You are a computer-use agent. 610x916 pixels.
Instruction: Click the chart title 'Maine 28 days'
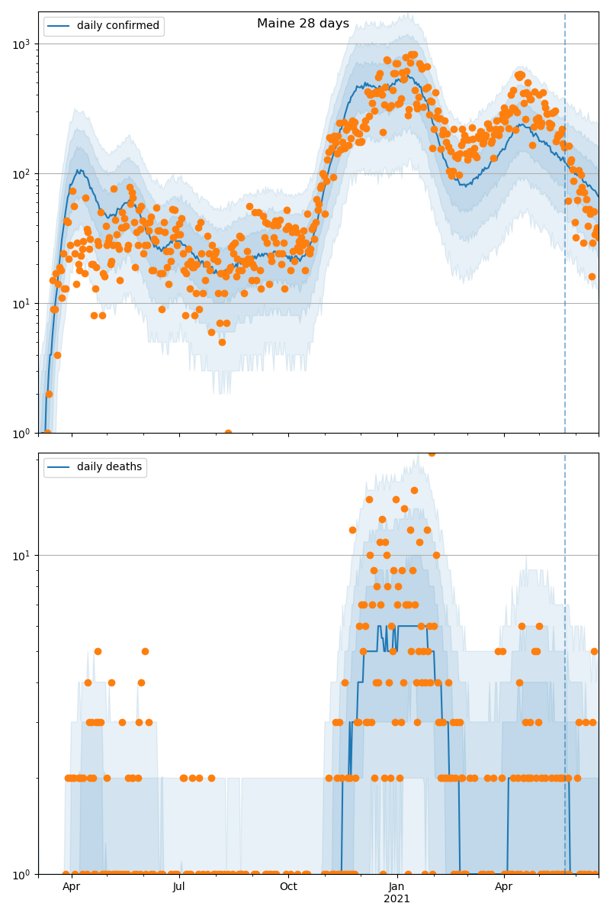[x=303, y=24]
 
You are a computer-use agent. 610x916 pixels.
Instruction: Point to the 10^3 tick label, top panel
[x=21, y=44]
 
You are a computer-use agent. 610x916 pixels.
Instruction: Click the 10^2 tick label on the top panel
[x=21, y=174]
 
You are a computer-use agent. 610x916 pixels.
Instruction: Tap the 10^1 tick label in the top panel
[x=21, y=304]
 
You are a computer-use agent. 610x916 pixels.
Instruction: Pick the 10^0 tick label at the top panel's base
[x=21, y=433]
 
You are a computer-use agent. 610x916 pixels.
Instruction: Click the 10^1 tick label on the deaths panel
[x=21, y=556]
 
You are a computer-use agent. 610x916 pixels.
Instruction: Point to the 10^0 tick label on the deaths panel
[x=21, y=874]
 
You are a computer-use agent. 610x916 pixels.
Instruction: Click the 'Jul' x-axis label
[x=179, y=886]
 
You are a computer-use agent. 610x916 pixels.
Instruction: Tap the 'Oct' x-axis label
[x=288, y=886]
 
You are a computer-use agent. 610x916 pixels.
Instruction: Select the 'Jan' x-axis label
[x=396, y=886]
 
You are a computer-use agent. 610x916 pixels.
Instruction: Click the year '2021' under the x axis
[x=396, y=898]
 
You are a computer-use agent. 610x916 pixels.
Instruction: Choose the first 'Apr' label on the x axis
[x=71, y=886]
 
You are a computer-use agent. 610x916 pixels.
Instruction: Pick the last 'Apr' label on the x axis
[x=503, y=886]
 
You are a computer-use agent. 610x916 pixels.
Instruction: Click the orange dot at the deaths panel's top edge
[x=432, y=453]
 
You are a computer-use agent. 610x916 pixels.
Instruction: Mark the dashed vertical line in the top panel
[x=565, y=229]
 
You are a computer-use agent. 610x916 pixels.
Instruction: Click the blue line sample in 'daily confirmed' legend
[x=59, y=26]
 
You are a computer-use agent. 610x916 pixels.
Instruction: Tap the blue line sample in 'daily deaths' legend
[x=59, y=467]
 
